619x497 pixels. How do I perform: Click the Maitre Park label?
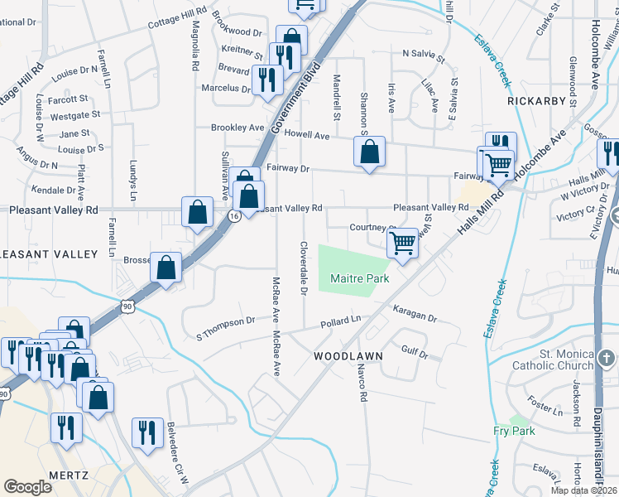click(360, 279)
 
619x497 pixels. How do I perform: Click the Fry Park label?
click(514, 431)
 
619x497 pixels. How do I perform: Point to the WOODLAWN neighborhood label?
click(348, 356)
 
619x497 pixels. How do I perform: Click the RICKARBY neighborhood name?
click(537, 101)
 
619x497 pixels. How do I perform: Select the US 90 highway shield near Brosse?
click(127, 306)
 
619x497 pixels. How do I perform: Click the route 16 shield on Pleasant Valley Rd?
click(235, 215)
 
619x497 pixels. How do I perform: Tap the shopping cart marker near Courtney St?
click(402, 243)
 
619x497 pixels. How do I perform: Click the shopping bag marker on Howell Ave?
click(369, 152)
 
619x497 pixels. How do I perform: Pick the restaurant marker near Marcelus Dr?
click(267, 80)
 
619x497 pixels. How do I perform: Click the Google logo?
click(28, 487)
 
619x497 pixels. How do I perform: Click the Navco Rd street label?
click(362, 386)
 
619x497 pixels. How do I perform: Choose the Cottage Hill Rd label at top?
click(177, 18)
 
